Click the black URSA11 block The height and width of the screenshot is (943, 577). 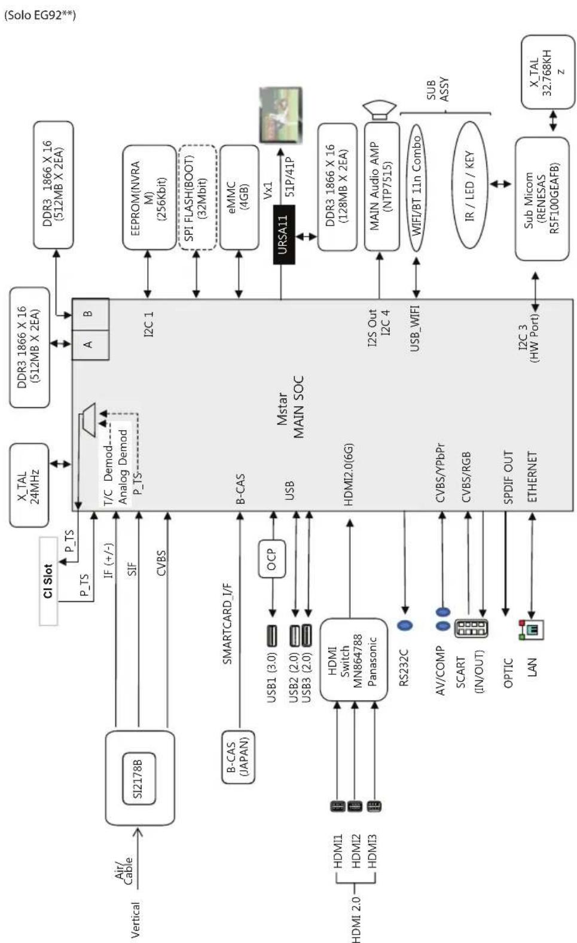point(283,235)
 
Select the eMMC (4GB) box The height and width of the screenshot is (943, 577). point(239,197)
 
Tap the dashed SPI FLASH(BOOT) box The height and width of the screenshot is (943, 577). point(197,197)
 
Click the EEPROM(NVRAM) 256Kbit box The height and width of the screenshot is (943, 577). point(149,197)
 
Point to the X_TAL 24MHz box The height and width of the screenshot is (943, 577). point(29,485)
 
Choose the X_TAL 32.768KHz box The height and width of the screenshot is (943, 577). point(548,72)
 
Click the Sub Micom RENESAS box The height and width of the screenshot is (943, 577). point(542,199)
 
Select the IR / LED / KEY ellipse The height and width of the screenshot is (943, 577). point(470,185)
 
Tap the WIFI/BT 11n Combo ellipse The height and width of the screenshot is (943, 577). point(416,186)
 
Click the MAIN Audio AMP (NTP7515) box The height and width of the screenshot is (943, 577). point(381,186)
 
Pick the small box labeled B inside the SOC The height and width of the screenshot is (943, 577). point(90,314)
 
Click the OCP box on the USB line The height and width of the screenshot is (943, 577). point(271,559)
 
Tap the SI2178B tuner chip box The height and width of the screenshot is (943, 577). point(139,777)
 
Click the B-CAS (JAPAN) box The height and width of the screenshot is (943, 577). point(238,756)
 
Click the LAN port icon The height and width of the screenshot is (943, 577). point(532,629)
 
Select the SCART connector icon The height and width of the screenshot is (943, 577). point(471,628)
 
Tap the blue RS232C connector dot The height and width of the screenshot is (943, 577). point(405,625)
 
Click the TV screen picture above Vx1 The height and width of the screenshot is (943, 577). point(280,115)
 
